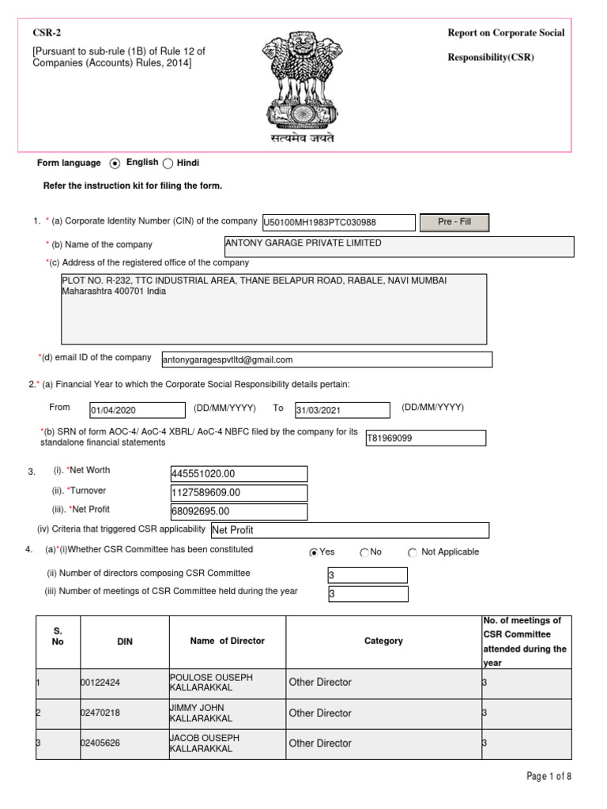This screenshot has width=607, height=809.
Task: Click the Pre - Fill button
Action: (454, 222)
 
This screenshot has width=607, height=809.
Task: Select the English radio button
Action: (115, 164)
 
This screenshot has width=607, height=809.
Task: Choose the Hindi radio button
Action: (168, 164)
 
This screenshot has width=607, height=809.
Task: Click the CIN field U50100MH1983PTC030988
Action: (338, 224)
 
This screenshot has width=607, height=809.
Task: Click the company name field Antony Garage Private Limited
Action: (398, 246)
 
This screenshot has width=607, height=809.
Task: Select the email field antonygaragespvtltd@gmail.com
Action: (326, 359)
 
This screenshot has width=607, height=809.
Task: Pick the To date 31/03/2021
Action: (341, 410)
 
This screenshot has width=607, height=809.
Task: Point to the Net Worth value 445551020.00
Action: (239, 473)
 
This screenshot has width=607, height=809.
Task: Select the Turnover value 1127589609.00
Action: (239, 492)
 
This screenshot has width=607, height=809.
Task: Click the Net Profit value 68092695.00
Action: (239, 511)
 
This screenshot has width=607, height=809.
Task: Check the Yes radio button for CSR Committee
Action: (314, 553)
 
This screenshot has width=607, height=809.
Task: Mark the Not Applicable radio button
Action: (413, 553)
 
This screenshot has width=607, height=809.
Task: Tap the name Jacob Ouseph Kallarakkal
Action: (202, 743)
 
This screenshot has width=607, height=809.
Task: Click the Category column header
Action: (383, 642)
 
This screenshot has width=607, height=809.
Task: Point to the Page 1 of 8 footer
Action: (549, 777)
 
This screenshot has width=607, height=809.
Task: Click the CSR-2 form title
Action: (45, 32)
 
